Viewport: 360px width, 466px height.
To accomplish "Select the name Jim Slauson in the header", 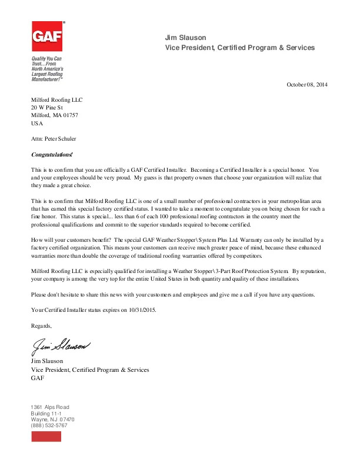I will tap(186, 38).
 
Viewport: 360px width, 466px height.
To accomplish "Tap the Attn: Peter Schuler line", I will tap(54, 139).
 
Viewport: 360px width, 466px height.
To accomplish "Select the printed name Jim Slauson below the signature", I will tap(47, 361).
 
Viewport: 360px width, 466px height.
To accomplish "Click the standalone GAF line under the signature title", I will tap(37, 378).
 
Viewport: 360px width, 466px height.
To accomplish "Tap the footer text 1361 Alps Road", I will tap(49, 407).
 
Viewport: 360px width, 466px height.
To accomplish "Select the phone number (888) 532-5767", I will tap(49, 425).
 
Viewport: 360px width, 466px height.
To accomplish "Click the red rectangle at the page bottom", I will tap(46, 436).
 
